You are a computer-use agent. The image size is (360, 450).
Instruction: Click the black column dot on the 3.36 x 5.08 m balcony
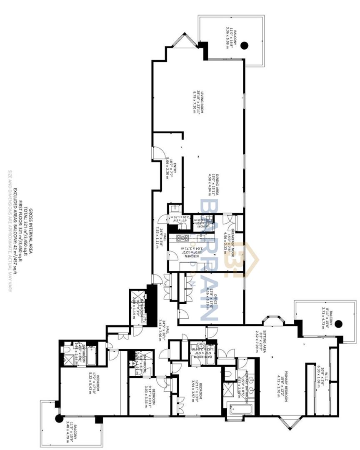pos(245,45)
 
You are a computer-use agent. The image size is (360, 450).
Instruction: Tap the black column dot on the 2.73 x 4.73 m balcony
pos(339,323)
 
